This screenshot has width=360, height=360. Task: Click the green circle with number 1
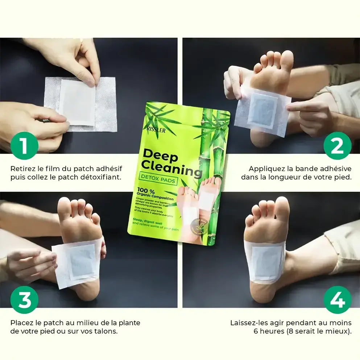24,146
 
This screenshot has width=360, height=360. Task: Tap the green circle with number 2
337,146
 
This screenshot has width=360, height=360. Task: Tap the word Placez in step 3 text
20,323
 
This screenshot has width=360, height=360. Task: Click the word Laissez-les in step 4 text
247,323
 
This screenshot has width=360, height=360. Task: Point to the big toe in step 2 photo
286,60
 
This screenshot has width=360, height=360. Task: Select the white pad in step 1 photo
77,102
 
